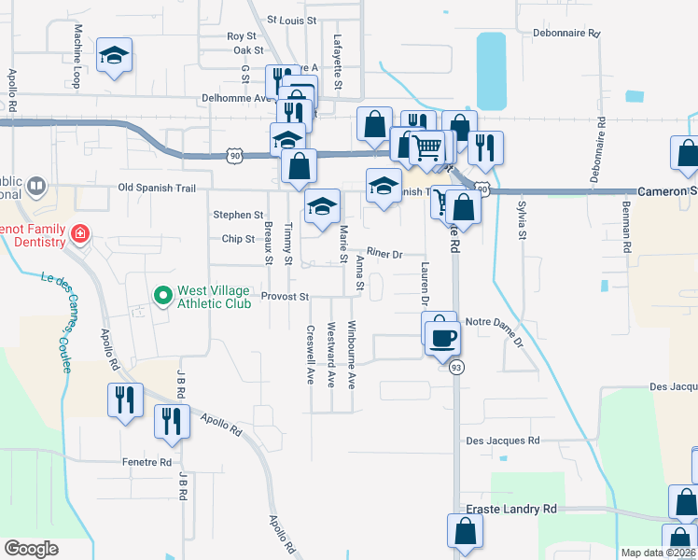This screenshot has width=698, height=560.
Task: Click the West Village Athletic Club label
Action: [x=216, y=297]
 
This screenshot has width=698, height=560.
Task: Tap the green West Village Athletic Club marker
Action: [x=164, y=296]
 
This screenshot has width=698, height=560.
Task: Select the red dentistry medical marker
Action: [x=80, y=231]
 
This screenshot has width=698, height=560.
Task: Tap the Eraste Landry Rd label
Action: [x=510, y=509]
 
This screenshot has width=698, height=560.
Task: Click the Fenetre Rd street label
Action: [x=147, y=462]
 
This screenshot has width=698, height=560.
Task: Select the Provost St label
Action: [x=285, y=297]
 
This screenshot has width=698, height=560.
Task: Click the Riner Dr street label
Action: [x=384, y=253]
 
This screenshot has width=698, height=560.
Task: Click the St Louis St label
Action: [x=292, y=19]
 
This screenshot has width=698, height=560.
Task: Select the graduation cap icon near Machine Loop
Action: [x=115, y=55]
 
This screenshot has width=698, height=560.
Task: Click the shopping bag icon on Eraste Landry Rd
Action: [x=465, y=531]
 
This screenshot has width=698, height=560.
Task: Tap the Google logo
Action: [x=32, y=549]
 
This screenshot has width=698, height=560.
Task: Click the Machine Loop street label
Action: [x=77, y=45]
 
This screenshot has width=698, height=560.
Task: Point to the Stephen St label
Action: [x=238, y=215]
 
